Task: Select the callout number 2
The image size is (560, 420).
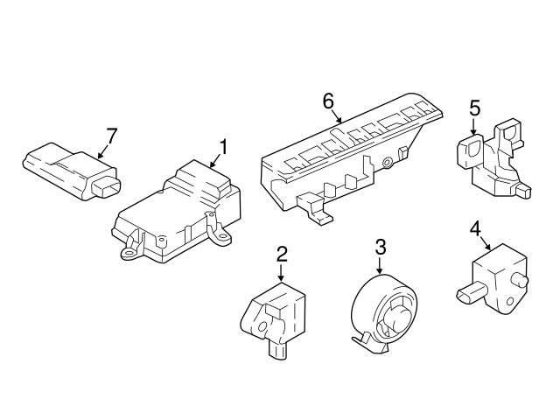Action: tap(282, 255)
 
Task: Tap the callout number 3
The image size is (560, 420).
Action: tap(381, 247)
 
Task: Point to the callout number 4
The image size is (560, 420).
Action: tap(475, 229)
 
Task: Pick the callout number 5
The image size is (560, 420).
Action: tap(475, 108)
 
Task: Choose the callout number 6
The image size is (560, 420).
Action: tap(329, 101)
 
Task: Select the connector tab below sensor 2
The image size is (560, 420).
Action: tap(278, 351)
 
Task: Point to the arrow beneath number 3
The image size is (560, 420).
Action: tap(381, 266)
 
